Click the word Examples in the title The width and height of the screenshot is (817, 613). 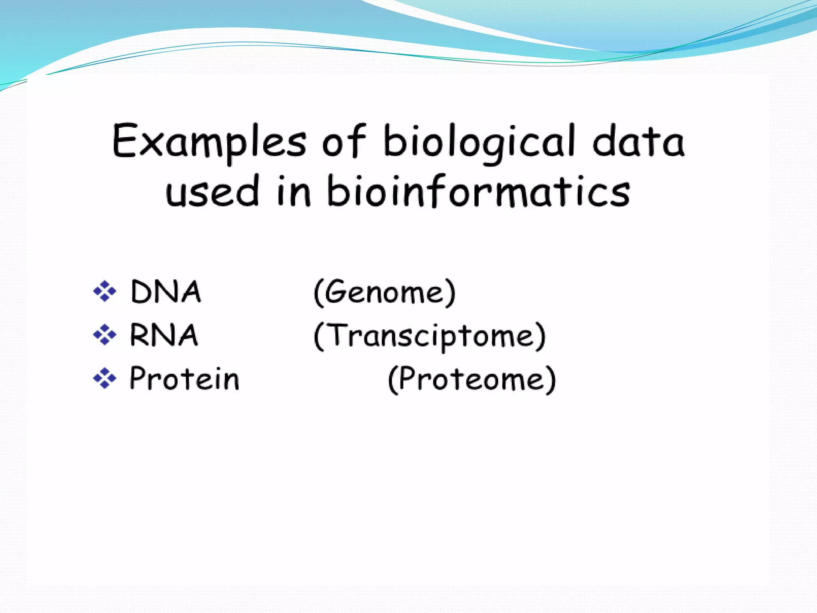[x=209, y=142]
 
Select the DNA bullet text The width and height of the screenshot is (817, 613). [x=166, y=292]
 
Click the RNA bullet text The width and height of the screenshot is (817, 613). [x=164, y=335]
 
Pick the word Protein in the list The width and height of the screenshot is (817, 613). [x=184, y=378]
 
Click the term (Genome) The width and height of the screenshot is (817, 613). [x=385, y=293]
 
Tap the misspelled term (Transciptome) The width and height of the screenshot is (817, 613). [x=430, y=336]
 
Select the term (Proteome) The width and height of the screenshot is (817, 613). [x=472, y=380]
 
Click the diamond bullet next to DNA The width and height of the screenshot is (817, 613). [x=105, y=291]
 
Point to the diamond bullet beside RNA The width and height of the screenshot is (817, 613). [x=105, y=334]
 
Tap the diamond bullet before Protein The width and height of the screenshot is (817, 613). [x=105, y=378]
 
